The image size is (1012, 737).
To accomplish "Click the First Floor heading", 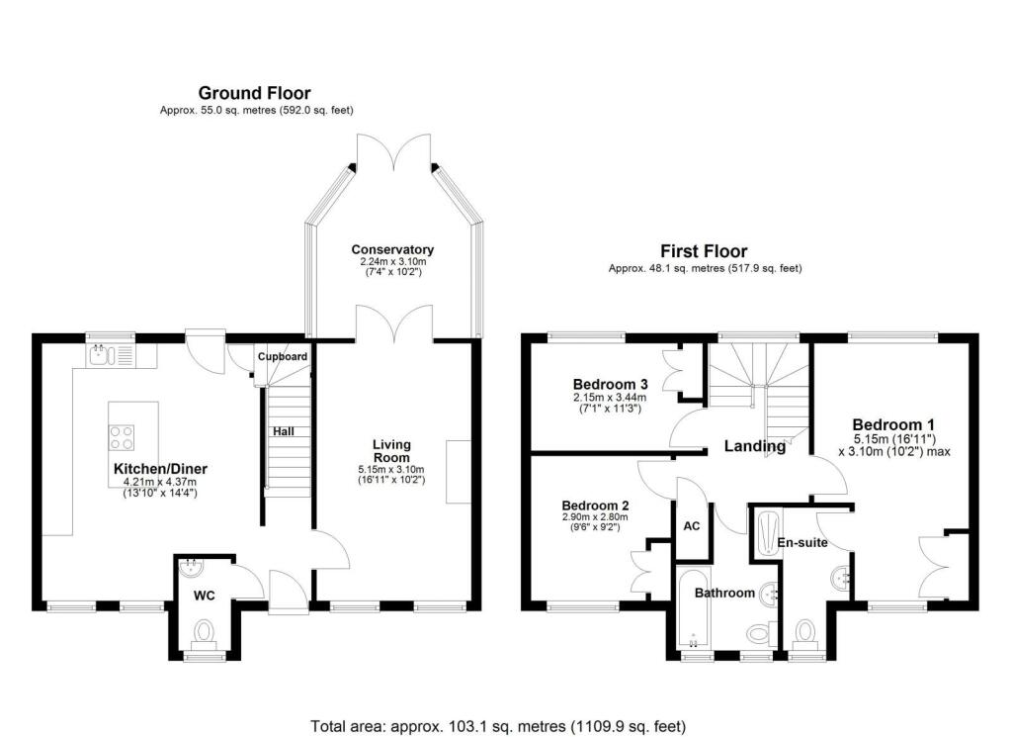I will [x=705, y=251].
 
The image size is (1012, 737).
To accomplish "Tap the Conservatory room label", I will [x=392, y=249].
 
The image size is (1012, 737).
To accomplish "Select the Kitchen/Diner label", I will [x=160, y=469].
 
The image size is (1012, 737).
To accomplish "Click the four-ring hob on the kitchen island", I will [x=122, y=436].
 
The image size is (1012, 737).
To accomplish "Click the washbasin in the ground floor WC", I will [x=191, y=568].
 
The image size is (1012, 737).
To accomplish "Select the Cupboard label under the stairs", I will [x=283, y=356].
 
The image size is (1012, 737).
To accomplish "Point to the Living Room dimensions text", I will [x=391, y=475].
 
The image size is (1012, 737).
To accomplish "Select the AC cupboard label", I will [x=692, y=525].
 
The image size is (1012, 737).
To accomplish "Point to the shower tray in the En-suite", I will [x=767, y=533].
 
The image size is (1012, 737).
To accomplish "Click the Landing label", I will [x=755, y=446].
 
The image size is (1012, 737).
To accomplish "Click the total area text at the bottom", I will [x=498, y=725].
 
